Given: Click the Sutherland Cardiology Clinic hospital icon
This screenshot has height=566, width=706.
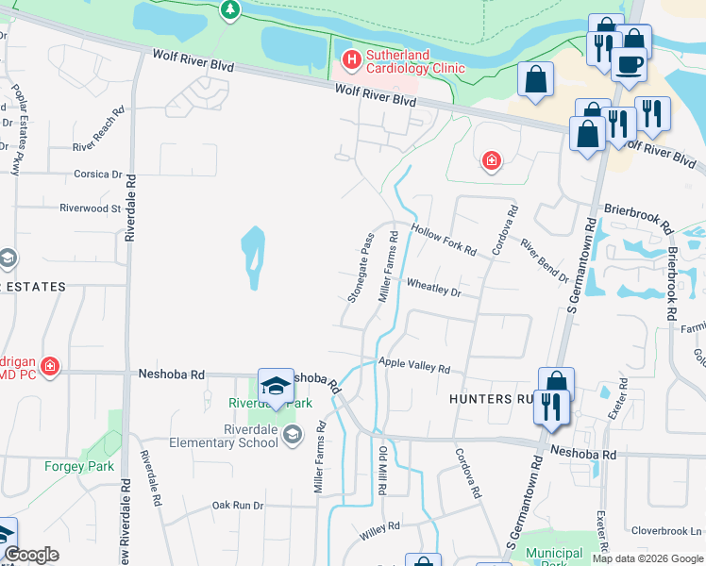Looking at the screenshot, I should click(351, 60).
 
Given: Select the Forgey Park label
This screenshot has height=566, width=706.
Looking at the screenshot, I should click(79, 466).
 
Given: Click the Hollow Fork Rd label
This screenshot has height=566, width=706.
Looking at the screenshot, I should click(443, 239).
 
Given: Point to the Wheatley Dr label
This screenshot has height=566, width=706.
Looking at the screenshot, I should click(433, 287).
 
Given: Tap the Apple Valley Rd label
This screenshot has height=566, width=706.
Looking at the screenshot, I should click(413, 364).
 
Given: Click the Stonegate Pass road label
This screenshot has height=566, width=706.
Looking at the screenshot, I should click(361, 268).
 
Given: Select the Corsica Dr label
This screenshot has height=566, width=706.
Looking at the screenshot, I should click(98, 175).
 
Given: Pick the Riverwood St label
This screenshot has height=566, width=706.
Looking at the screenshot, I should click(91, 208).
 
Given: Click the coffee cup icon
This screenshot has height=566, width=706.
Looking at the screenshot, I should click(628, 65).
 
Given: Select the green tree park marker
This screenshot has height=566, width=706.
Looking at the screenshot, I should click(229, 9).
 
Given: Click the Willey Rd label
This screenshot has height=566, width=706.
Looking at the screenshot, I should click(381, 532).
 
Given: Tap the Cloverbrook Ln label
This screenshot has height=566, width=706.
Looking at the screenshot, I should click(666, 530).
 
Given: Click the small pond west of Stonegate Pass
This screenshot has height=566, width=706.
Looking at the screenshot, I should click(252, 258).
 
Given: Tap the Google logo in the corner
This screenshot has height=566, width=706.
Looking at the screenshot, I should click(31, 555).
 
